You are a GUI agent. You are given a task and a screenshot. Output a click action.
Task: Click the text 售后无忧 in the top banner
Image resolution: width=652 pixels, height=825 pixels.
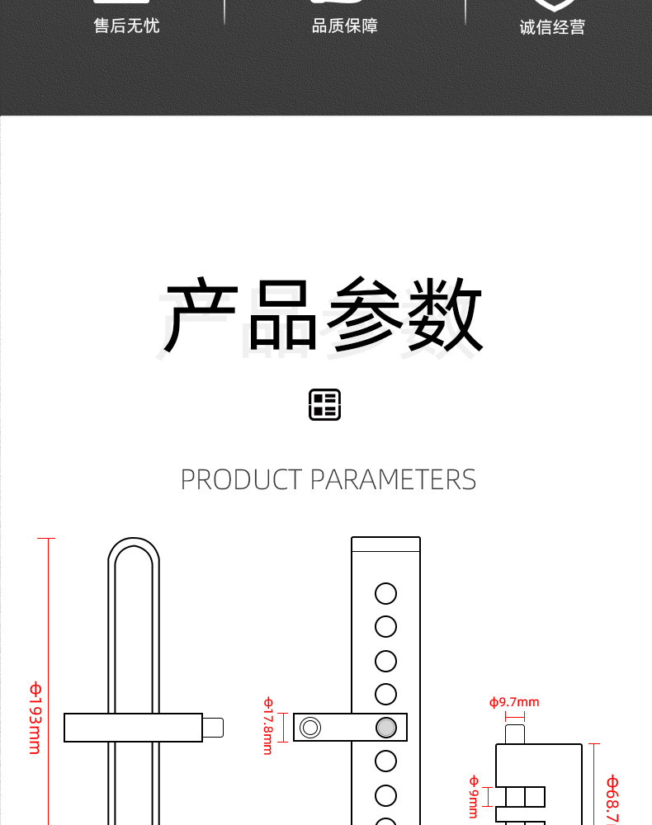tap(126, 26)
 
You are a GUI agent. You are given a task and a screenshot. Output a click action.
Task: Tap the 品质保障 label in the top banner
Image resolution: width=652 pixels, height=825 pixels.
tap(344, 26)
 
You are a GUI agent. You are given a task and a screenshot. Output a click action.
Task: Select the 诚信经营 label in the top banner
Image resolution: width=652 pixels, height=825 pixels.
tap(552, 27)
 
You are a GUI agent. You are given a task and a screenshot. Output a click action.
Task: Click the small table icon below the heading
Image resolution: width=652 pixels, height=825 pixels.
tap(325, 405)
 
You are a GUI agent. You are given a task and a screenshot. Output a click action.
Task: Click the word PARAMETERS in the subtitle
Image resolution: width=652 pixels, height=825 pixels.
tap(393, 479)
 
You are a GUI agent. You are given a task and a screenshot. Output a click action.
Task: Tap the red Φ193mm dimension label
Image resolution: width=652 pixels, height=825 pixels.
tap(35, 718)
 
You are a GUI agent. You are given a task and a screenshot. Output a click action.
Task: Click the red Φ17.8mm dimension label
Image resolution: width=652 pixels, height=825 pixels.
tap(268, 726)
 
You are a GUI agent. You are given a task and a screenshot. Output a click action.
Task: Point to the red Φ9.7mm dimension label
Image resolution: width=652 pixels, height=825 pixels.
tap(514, 702)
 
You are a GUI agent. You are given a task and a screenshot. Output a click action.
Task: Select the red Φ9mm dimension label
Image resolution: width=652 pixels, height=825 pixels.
tap(474, 796)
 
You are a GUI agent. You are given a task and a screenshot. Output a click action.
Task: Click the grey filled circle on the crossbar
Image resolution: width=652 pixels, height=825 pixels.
tap(385, 727)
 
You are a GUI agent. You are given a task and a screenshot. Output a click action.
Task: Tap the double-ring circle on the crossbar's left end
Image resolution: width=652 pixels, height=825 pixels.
tap(310, 727)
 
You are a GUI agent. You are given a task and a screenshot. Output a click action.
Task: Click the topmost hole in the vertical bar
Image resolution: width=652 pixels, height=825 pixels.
tap(385, 593)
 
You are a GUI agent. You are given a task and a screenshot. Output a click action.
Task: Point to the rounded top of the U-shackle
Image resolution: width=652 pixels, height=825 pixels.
tap(133, 546)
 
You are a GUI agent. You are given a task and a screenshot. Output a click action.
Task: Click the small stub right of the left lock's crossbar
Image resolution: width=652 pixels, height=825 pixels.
tap(213, 728)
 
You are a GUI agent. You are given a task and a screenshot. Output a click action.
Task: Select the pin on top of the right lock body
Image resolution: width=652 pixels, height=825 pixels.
tap(514, 733)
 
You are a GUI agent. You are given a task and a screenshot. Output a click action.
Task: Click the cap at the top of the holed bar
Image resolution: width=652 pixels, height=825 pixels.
tap(385, 544)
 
